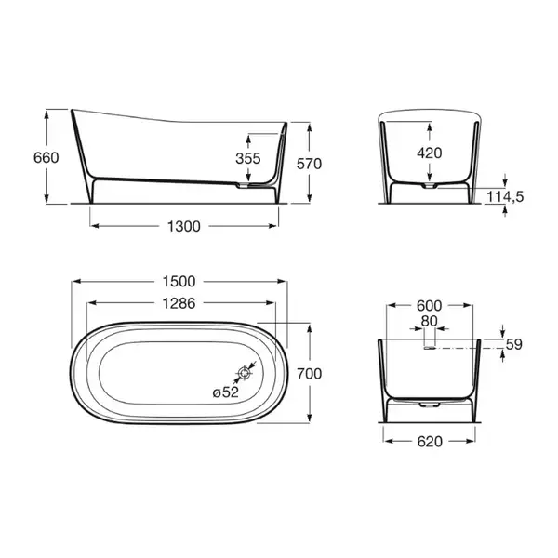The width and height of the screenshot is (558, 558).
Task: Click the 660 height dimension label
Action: click(x=46, y=157)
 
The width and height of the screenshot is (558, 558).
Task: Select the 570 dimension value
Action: click(x=310, y=164)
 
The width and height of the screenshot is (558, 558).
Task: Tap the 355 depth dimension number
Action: click(x=248, y=158)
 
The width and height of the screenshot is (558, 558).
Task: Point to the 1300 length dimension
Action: click(x=184, y=226)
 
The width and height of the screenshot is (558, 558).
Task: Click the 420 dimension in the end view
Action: click(x=430, y=153)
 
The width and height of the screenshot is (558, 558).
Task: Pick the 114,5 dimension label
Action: click(x=505, y=196)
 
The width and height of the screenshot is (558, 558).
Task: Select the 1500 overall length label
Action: click(x=179, y=282)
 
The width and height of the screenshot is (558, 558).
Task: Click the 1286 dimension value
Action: click(x=179, y=303)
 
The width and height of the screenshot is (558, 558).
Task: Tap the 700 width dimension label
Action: click(x=310, y=374)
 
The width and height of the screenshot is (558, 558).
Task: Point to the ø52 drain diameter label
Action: click(x=226, y=392)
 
